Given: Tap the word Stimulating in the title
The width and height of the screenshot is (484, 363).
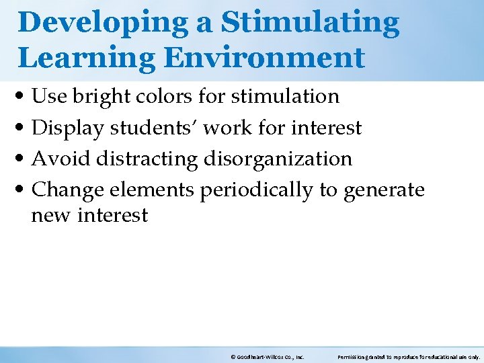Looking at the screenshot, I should [310, 23].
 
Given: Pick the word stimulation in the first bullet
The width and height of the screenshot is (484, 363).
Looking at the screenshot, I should [285, 97].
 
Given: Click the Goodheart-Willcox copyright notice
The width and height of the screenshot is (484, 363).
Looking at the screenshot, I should [267, 358].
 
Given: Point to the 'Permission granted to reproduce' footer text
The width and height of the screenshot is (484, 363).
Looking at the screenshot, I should [408, 358].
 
